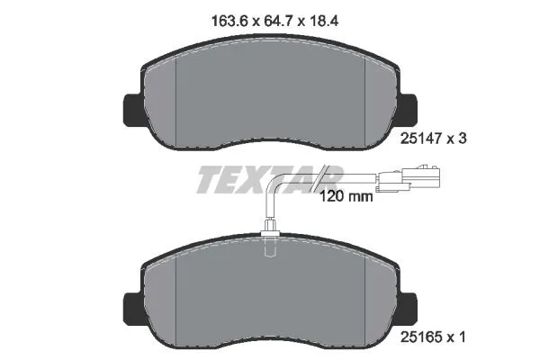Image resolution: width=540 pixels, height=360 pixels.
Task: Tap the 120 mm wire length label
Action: pos(346,193)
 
